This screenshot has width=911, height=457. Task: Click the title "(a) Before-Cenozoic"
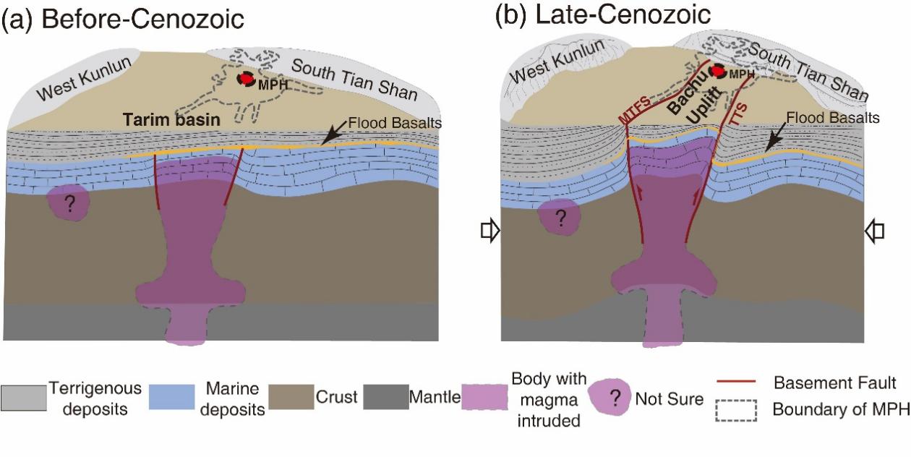(123, 20)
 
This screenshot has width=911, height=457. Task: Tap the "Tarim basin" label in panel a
(171, 121)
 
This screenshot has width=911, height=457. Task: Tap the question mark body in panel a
(69, 203)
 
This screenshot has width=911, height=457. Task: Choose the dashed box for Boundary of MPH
(735, 410)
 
